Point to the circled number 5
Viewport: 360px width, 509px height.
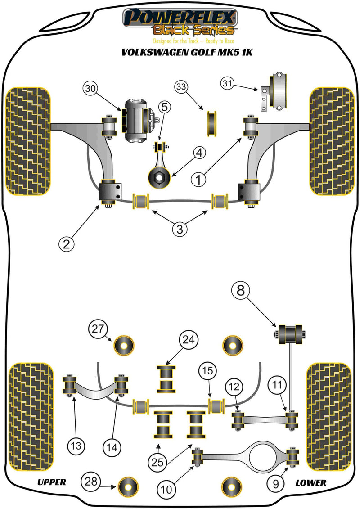164,107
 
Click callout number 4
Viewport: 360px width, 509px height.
199,154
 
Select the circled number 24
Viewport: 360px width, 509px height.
189,341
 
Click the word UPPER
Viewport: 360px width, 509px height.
51,482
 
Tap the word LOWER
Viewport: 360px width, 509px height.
310,482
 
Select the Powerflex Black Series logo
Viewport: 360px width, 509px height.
180,23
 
